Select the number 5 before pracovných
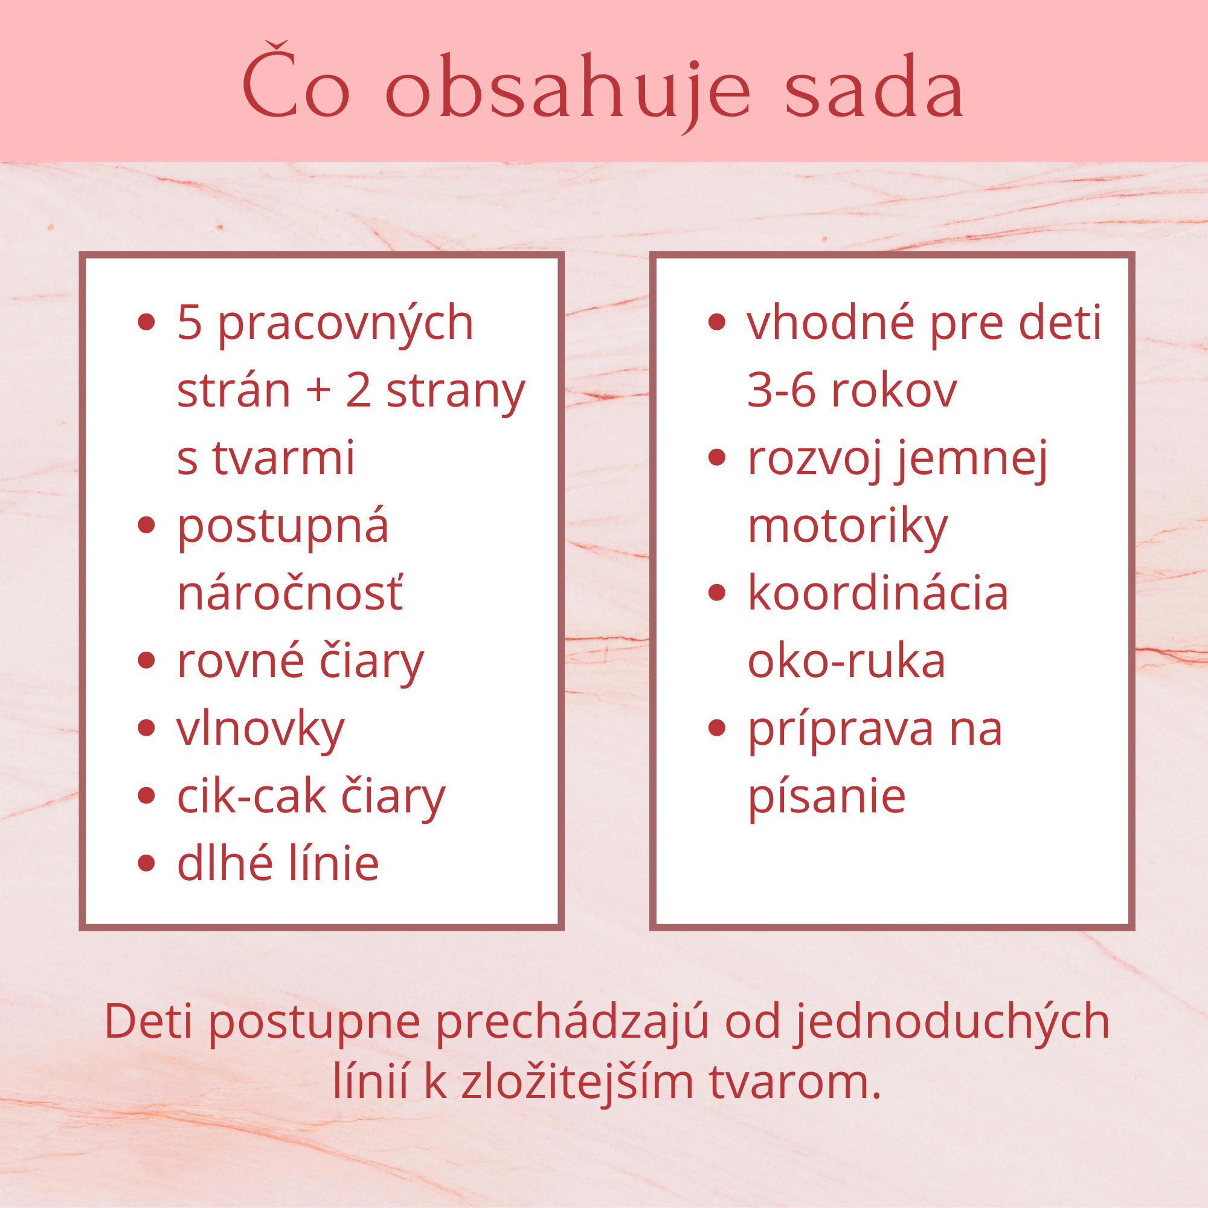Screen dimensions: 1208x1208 coord(190,323)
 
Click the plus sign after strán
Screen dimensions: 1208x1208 coord(318,391)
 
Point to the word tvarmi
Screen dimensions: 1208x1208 coord(283,458)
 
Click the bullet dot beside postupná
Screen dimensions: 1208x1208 coord(146,525)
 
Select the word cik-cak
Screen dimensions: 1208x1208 coord(252,796)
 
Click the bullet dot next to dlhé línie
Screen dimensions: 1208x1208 coord(146,864)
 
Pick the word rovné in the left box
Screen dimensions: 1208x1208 coord(241,661)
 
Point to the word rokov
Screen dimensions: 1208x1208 coord(894,391)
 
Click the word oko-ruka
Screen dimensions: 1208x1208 coord(847,660)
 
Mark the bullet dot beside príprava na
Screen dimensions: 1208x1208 coord(717,728)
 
